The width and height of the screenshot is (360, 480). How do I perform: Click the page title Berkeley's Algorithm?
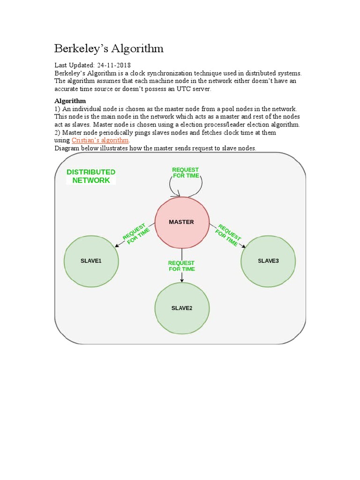(x=109, y=48)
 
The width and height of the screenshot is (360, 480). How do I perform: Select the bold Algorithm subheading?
(x=70, y=101)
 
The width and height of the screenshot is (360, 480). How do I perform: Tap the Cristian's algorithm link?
(x=100, y=140)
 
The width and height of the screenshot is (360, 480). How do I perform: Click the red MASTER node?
(x=181, y=222)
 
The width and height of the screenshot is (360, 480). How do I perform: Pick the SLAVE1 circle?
(x=91, y=261)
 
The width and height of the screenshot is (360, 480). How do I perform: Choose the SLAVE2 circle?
(x=182, y=308)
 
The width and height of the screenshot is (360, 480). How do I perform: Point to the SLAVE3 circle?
(x=268, y=261)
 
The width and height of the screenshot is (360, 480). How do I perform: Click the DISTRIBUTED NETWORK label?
(x=91, y=176)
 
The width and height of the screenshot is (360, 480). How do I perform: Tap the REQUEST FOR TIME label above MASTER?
(x=186, y=172)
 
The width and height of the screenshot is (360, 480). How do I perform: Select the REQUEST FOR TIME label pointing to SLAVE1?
(x=136, y=232)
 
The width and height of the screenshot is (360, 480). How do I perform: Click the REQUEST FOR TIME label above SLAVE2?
(x=181, y=266)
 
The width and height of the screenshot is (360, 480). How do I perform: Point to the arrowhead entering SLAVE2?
(x=182, y=280)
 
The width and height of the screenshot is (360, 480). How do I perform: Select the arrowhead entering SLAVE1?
(x=115, y=245)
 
